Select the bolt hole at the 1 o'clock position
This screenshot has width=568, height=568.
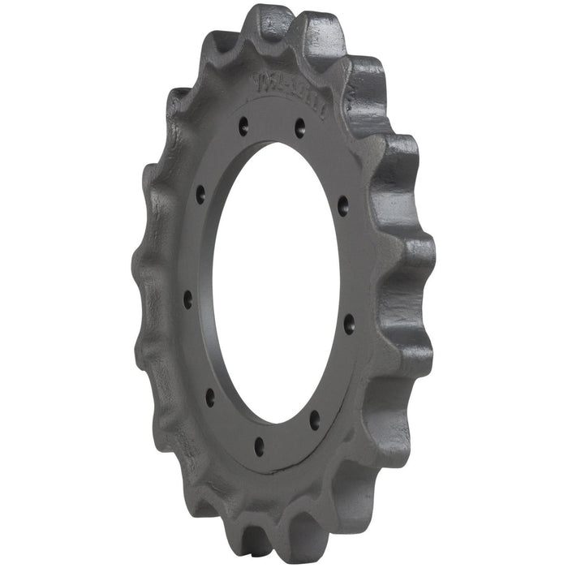[x=299, y=127]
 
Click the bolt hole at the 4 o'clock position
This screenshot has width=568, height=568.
[x=349, y=323]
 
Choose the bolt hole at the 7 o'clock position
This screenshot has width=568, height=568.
[x=210, y=396]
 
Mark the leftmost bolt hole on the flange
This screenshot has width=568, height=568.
[x=188, y=299]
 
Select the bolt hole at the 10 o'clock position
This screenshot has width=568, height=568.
[x=200, y=195]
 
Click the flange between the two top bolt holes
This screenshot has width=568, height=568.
[x=272, y=122]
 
